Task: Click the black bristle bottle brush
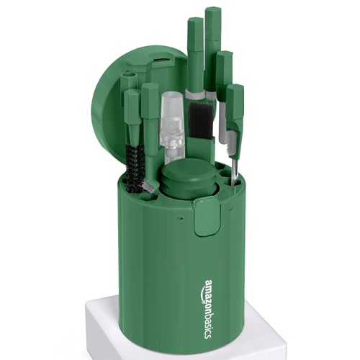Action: click(135, 167)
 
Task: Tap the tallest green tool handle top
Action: click(212, 14)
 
